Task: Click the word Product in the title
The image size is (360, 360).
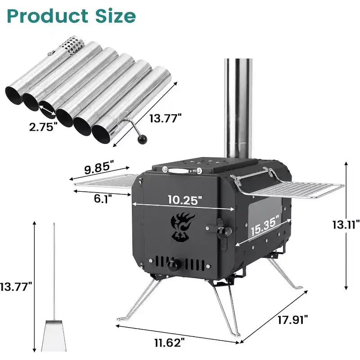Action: pyautogui.click(x=48, y=16)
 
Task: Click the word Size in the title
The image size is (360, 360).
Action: pyautogui.click(x=116, y=16)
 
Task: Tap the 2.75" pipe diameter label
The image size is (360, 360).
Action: pyautogui.click(x=43, y=126)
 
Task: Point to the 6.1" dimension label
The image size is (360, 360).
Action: pyautogui.click(x=103, y=198)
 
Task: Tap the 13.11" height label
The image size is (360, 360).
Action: pyautogui.click(x=346, y=225)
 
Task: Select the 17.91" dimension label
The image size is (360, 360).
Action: pyautogui.click(x=292, y=319)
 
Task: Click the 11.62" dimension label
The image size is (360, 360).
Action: pyautogui.click(x=170, y=343)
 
